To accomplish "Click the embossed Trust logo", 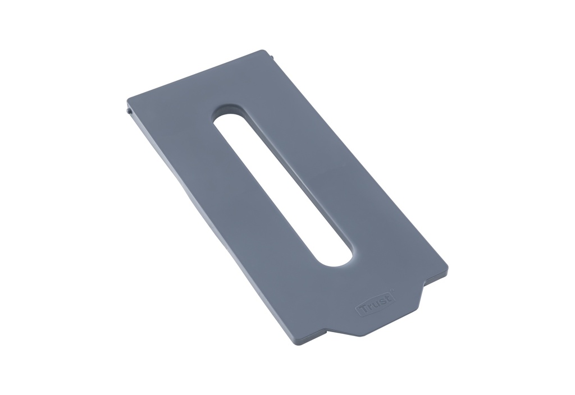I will (375, 304).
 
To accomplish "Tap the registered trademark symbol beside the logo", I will (392, 290).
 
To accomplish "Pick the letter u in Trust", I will (376, 304).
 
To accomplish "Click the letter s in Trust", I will (381, 300).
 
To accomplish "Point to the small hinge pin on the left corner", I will (129, 112).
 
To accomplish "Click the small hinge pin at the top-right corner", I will (271, 56).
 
